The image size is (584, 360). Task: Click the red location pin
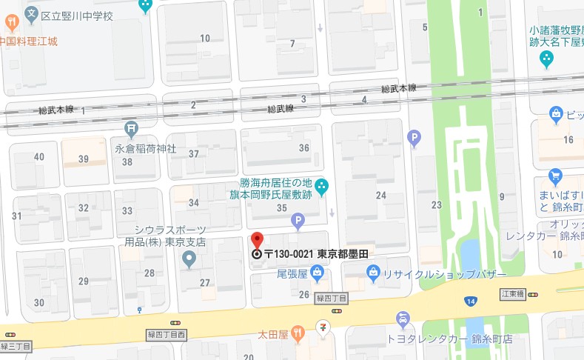click(x=257, y=241)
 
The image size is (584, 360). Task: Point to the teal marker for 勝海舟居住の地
click(x=320, y=187)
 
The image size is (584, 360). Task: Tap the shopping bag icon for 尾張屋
click(x=317, y=274)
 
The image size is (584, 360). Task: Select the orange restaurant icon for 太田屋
click(x=297, y=330)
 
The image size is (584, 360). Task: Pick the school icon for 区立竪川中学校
click(x=31, y=13)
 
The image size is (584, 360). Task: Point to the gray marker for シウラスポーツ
click(x=189, y=259)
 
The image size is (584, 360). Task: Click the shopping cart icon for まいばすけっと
click(x=556, y=176)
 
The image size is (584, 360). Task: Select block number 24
click(x=381, y=195)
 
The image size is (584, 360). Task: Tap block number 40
click(x=39, y=156)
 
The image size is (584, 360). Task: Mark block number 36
click(x=303, y=148)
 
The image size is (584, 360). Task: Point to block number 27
click(x=205, y=282)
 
